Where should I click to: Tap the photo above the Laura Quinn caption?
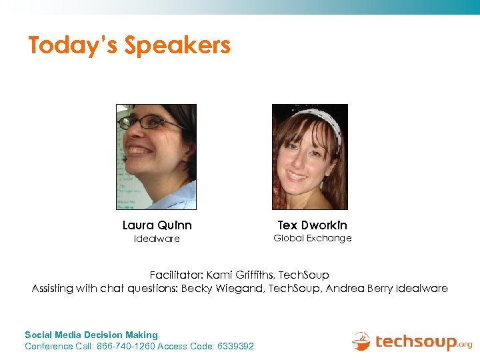(x=156, y=157)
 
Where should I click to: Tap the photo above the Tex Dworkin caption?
(x=310, y=157)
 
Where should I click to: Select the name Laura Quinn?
(x=157, y=225)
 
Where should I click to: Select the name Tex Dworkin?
(x=312, y=225)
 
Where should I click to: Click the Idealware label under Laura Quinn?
(x=157, y=239)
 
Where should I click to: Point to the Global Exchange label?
(x=312, y=238)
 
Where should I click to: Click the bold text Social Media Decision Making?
(x=91, y=335)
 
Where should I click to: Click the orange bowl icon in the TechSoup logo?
(x=361, y=341)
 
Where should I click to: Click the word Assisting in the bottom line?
(x=54, y=289)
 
